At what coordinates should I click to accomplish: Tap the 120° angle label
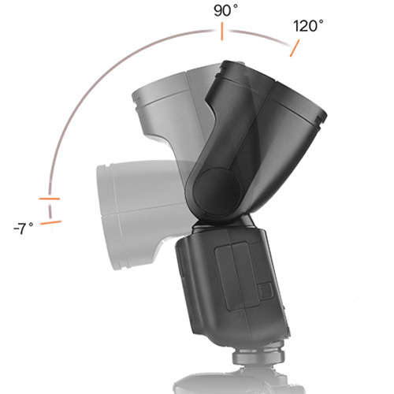tap(308, 26)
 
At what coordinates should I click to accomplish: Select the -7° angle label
tap(24, 228)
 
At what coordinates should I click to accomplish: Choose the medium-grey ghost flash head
tap(169, 102)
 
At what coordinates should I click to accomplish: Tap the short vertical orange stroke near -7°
tap(50, 210)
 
